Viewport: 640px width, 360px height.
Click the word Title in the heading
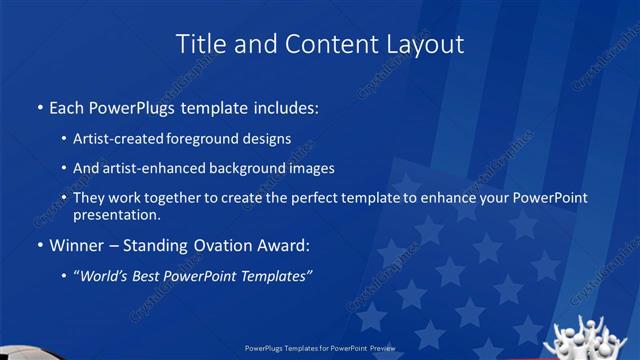click(x=199, y=44)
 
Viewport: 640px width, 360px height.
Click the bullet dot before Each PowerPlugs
click(x=38, y=105)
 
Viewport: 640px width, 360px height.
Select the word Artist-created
click(x=113, y=140)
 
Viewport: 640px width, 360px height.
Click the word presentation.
click(x=117, y=214)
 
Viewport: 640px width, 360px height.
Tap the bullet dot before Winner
click(x=38, y=244)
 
